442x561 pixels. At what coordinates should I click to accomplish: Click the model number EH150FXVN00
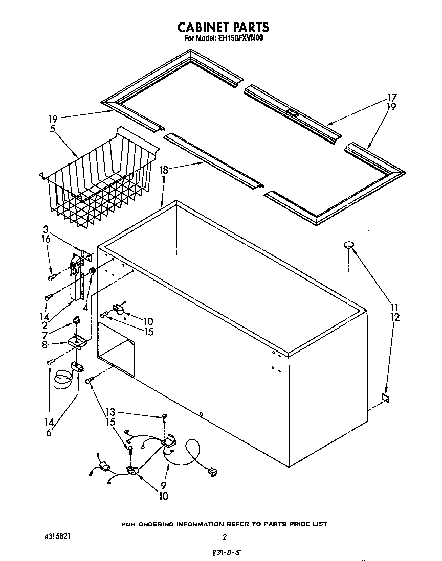click(x=238, y=38)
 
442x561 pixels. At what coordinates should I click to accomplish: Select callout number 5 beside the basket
click(x=53, y=129)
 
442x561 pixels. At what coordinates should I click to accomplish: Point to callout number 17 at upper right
click(x=392, y=98)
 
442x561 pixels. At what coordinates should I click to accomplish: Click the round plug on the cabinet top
click(x=349, y=245)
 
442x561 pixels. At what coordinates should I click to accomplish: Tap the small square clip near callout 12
click(x=385, y=398)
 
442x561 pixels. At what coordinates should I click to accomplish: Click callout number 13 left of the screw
click(x=110, y=411)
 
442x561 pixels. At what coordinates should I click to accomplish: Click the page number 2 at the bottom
click(x=224, y=537)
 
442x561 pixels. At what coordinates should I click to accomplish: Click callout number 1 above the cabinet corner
click(x=163, y=180)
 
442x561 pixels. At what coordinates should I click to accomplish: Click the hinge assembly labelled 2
click(x=77, y=284)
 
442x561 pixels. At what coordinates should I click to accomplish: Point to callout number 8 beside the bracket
click(x=46, y=345)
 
